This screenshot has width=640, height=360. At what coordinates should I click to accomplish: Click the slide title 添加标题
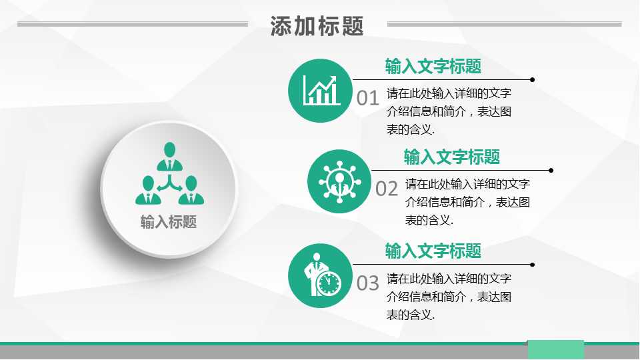point(317,26)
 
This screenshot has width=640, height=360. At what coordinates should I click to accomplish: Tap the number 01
point(367,99)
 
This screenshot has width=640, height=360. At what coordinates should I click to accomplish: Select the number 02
point(387,189)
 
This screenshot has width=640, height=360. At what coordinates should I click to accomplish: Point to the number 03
point(367,283)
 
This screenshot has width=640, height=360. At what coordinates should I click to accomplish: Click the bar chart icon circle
point(319,91)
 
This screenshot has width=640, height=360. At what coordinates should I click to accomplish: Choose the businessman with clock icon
point(319,275)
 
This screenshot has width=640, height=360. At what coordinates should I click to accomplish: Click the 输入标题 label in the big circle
point(169,222)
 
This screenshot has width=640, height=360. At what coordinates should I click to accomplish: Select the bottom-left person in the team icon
point(148,189)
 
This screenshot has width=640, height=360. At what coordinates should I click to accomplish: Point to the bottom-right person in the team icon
point(191,189)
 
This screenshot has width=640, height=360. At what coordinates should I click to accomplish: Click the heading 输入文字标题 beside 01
point(433,67)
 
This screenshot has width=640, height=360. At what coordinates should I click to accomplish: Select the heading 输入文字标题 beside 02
point(452,157)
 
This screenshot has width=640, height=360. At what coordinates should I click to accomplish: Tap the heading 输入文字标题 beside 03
point(433,251)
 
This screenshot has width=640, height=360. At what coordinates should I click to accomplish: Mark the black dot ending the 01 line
point(532,79)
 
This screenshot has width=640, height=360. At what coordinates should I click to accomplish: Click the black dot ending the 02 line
point(551,170)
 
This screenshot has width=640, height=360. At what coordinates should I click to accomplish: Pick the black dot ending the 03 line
point(532,264)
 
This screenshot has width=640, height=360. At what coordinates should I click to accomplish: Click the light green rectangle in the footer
point(555,349)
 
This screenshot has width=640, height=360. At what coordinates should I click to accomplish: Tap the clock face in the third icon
point(329,283)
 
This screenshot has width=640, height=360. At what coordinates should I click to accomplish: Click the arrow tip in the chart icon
point(333,79)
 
